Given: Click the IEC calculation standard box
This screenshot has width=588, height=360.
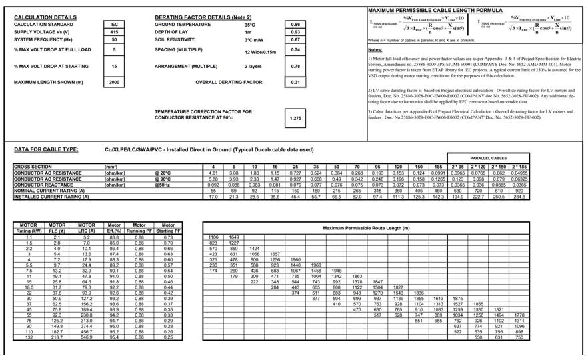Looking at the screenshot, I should coord(114,25).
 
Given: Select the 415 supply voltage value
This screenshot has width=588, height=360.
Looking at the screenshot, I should coord(114,32).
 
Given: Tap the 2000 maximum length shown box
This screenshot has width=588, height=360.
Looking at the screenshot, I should coord(114,83).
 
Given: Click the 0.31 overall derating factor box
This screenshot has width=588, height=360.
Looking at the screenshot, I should coord(295,83).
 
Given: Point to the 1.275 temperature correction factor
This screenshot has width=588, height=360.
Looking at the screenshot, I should coord(295,118).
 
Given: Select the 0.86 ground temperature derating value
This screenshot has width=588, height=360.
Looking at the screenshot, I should coord(295,25).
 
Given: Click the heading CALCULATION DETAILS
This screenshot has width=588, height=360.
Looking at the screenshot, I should coord(45,17).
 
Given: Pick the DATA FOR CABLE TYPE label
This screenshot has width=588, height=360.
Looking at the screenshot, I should coord(46,150).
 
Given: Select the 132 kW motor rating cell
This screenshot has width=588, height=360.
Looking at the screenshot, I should coord(29,338).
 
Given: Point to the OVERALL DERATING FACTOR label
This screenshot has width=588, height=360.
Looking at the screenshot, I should coord(229,83).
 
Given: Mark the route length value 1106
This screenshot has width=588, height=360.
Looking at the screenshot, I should coord(213,237).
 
